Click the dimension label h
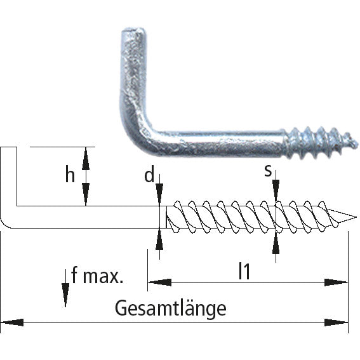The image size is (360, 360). coord(70,175)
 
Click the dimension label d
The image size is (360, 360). coord(149,175)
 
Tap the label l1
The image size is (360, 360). coord(244,271)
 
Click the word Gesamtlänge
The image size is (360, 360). coord(171,309)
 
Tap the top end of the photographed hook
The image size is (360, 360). coord(133,32)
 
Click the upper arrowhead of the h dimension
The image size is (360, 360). coord(86,155)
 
